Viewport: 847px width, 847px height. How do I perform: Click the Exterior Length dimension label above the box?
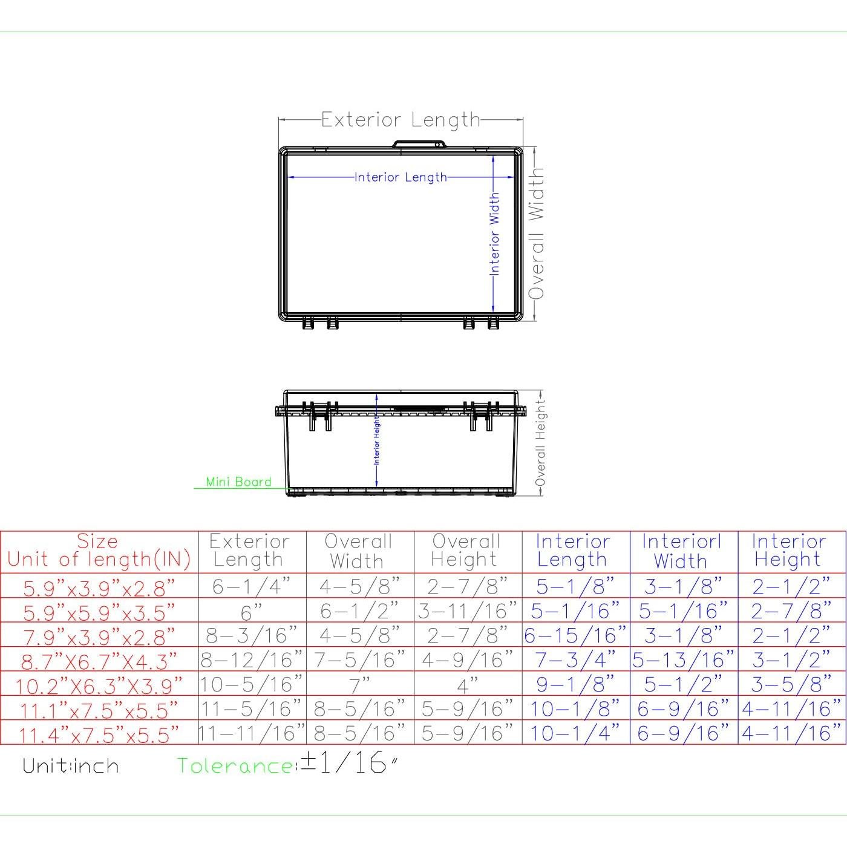[x=400, y=120]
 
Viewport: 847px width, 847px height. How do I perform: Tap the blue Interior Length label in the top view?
[x=401, y=177]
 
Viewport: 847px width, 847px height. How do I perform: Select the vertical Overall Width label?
[x=536, y=234]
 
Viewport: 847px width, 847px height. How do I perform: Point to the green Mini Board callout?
[x=238, y=482]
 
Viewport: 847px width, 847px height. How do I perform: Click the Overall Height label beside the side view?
[x=540, y=442]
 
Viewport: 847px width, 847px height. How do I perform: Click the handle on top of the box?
[x=419, y=144]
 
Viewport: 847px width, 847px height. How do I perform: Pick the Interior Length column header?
[x=572, y=551]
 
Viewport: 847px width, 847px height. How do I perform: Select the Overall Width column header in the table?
[x=358, y=551]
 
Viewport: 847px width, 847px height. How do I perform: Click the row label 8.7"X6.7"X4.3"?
[x=99, y=661]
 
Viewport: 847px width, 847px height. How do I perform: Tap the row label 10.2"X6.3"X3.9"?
[x=99, y=685]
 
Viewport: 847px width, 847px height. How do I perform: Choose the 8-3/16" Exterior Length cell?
[x=252, y=635]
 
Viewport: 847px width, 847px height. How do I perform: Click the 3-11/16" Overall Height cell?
[x=468, y=611]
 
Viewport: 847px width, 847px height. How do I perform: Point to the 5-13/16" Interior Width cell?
[x=683, y=659]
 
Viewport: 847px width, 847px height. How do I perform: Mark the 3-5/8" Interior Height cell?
[x=791, y=684]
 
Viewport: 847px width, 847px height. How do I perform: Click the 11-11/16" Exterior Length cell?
[x=252, y=733]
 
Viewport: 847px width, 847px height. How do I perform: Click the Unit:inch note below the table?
[x=71, y=766]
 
